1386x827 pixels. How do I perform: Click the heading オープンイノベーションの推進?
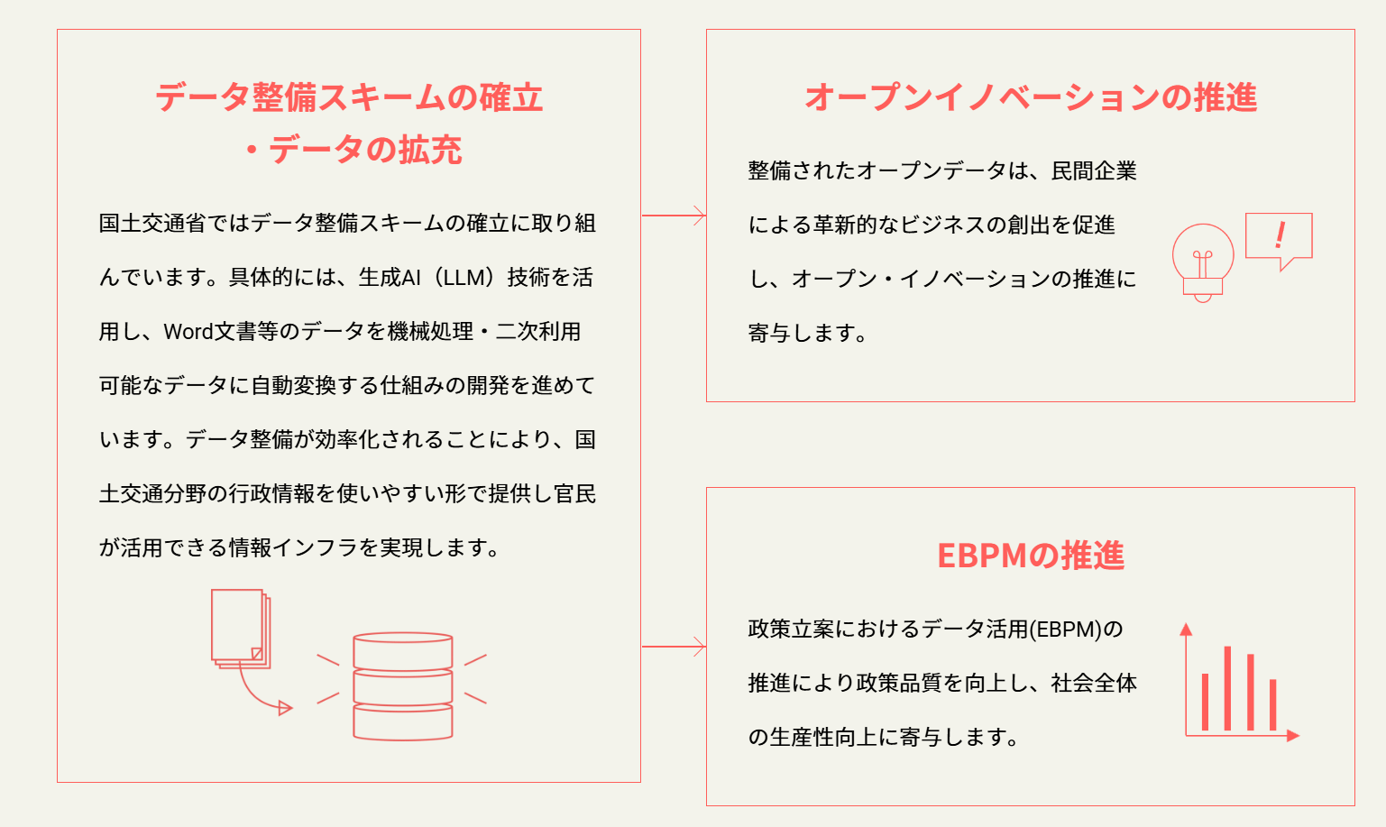(1031, 97)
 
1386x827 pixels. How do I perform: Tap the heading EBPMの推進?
(1031, 556)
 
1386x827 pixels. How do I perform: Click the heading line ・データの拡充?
(353, 150)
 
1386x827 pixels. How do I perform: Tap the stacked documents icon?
(241, 629)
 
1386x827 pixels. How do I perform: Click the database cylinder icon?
(403, 686)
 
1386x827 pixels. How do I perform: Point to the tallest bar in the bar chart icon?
(1227, 688)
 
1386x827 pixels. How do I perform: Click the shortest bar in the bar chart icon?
(1272, 705)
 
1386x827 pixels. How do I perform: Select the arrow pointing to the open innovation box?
(674, 216)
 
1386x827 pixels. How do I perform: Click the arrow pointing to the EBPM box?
(674, 647)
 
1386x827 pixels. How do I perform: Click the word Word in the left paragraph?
(188, 332)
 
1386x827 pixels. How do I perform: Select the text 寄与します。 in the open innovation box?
(807, 333)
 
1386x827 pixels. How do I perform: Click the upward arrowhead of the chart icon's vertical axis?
(1186, 629)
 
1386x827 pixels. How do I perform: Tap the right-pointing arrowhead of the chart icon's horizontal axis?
(1293, 735)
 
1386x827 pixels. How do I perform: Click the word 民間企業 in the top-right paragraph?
(1094, 170)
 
